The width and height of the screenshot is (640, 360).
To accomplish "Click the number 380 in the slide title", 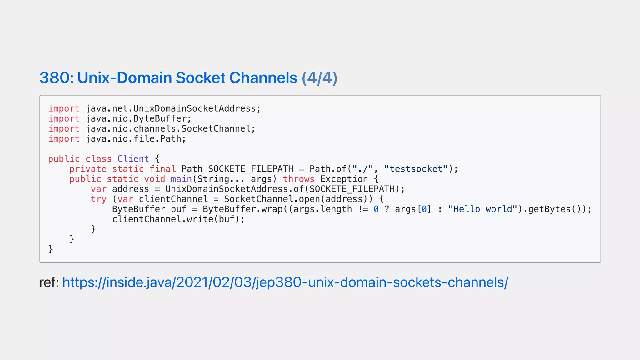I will tap(56, 78).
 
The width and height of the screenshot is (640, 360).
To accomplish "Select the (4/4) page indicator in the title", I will tap(319, 78).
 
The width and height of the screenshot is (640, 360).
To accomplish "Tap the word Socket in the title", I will tap(200, 78).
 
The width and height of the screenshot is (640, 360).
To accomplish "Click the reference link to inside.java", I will tap(285, 282).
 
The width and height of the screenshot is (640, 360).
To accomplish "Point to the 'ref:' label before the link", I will tap(49, 282).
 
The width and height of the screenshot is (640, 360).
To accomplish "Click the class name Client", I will tap(133, 159).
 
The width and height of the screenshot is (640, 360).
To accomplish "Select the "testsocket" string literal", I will tap(416, 169).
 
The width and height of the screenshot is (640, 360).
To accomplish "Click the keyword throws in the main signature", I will tap(298, 179).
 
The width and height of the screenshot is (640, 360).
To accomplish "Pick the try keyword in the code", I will tap(98, 199).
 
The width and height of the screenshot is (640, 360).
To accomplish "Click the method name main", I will tap(181, 179).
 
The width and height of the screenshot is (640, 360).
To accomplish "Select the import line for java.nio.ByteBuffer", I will tap(120, 118).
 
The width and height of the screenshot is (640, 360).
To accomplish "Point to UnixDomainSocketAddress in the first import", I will tap(195, 108).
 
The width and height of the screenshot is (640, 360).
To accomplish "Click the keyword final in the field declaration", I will tap(162, 169).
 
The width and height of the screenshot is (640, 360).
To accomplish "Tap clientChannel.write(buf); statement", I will tap(178, 219).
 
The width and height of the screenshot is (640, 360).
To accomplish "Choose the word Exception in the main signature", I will tap(344, 179).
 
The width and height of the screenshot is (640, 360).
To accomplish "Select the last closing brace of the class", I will tap(51, 249).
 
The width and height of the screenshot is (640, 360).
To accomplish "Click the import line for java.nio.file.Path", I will tap(117, 138).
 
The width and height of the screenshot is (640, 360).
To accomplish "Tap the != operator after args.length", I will tap(363, 209).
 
